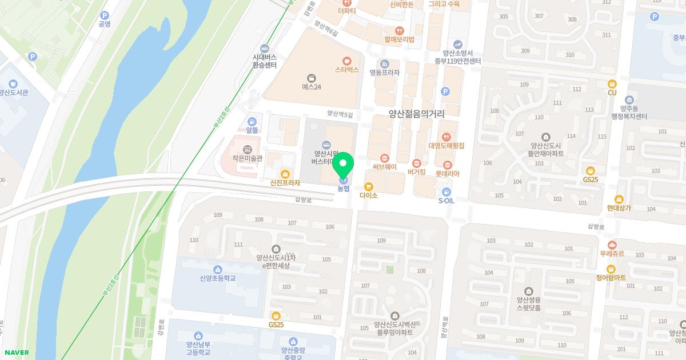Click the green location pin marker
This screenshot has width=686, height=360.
click(x=343, y=166)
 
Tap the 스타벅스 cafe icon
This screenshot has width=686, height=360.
click(x=346, y=61)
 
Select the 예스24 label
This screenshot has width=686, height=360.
click(x=312, y=87)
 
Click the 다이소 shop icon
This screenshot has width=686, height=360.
click(x=369, y=186)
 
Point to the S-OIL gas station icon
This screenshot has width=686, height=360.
click(x=446, y=191)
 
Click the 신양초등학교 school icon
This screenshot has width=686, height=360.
click(x=217, y=269)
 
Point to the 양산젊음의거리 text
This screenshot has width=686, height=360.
click(x=416, y=114)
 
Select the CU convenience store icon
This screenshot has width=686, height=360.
click(x=612, y=83)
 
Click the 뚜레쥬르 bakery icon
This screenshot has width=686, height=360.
click(x=612, y=245)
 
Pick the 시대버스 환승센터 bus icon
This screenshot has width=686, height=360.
click(x=264, y=48)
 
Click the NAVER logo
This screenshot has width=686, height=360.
click(x=15, y=353)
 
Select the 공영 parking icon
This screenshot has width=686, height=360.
click(x=104, y=15)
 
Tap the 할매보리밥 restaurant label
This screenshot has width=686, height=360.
click(x=399, y=39)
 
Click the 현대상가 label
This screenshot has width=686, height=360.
click(x=619, y=208)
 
